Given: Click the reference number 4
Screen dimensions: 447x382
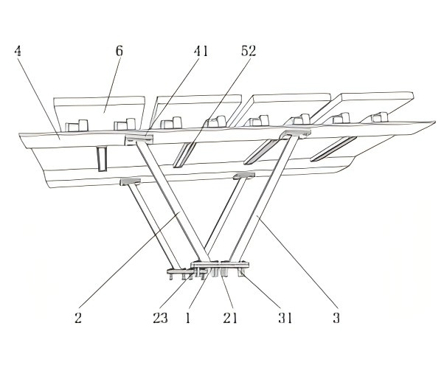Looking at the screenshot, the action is click(x=18, y=52).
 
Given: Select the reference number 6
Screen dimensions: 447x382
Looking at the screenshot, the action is click(x=119, y=51).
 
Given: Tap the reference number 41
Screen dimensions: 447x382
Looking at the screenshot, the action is click(x=201, y=52).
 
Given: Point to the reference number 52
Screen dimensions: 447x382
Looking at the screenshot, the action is click(x=249, y=51).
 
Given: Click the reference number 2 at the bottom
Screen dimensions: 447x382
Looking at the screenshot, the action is click(x=78, y=318).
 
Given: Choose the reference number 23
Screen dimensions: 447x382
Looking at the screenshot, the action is click(x=160, y=318).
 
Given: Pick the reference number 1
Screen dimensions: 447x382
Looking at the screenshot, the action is click(x=187, y=318).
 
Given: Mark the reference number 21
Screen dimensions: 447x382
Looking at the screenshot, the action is click(x=230, y=318).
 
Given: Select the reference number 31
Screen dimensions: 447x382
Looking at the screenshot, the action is click(x=285, y=318).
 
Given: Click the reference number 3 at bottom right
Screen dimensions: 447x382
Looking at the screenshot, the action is click(x=336, y=318).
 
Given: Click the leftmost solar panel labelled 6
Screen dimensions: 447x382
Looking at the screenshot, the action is click(x=100, y=113).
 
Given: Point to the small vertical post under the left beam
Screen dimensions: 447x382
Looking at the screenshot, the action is click(x=102, y=159).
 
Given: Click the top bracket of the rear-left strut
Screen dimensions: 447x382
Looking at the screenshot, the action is click(x=139, y=139).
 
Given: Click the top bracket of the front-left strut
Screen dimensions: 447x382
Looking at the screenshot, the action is click(x=130, y=181).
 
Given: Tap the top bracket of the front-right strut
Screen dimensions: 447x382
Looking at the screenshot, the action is click(x=243, y=176).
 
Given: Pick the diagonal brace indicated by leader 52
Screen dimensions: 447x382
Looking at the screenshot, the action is click(x=184, y=154).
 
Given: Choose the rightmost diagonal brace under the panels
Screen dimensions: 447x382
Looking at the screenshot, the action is click(x=333, y=149).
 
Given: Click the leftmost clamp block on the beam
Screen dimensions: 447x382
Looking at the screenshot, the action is click(x=77, y=125).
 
